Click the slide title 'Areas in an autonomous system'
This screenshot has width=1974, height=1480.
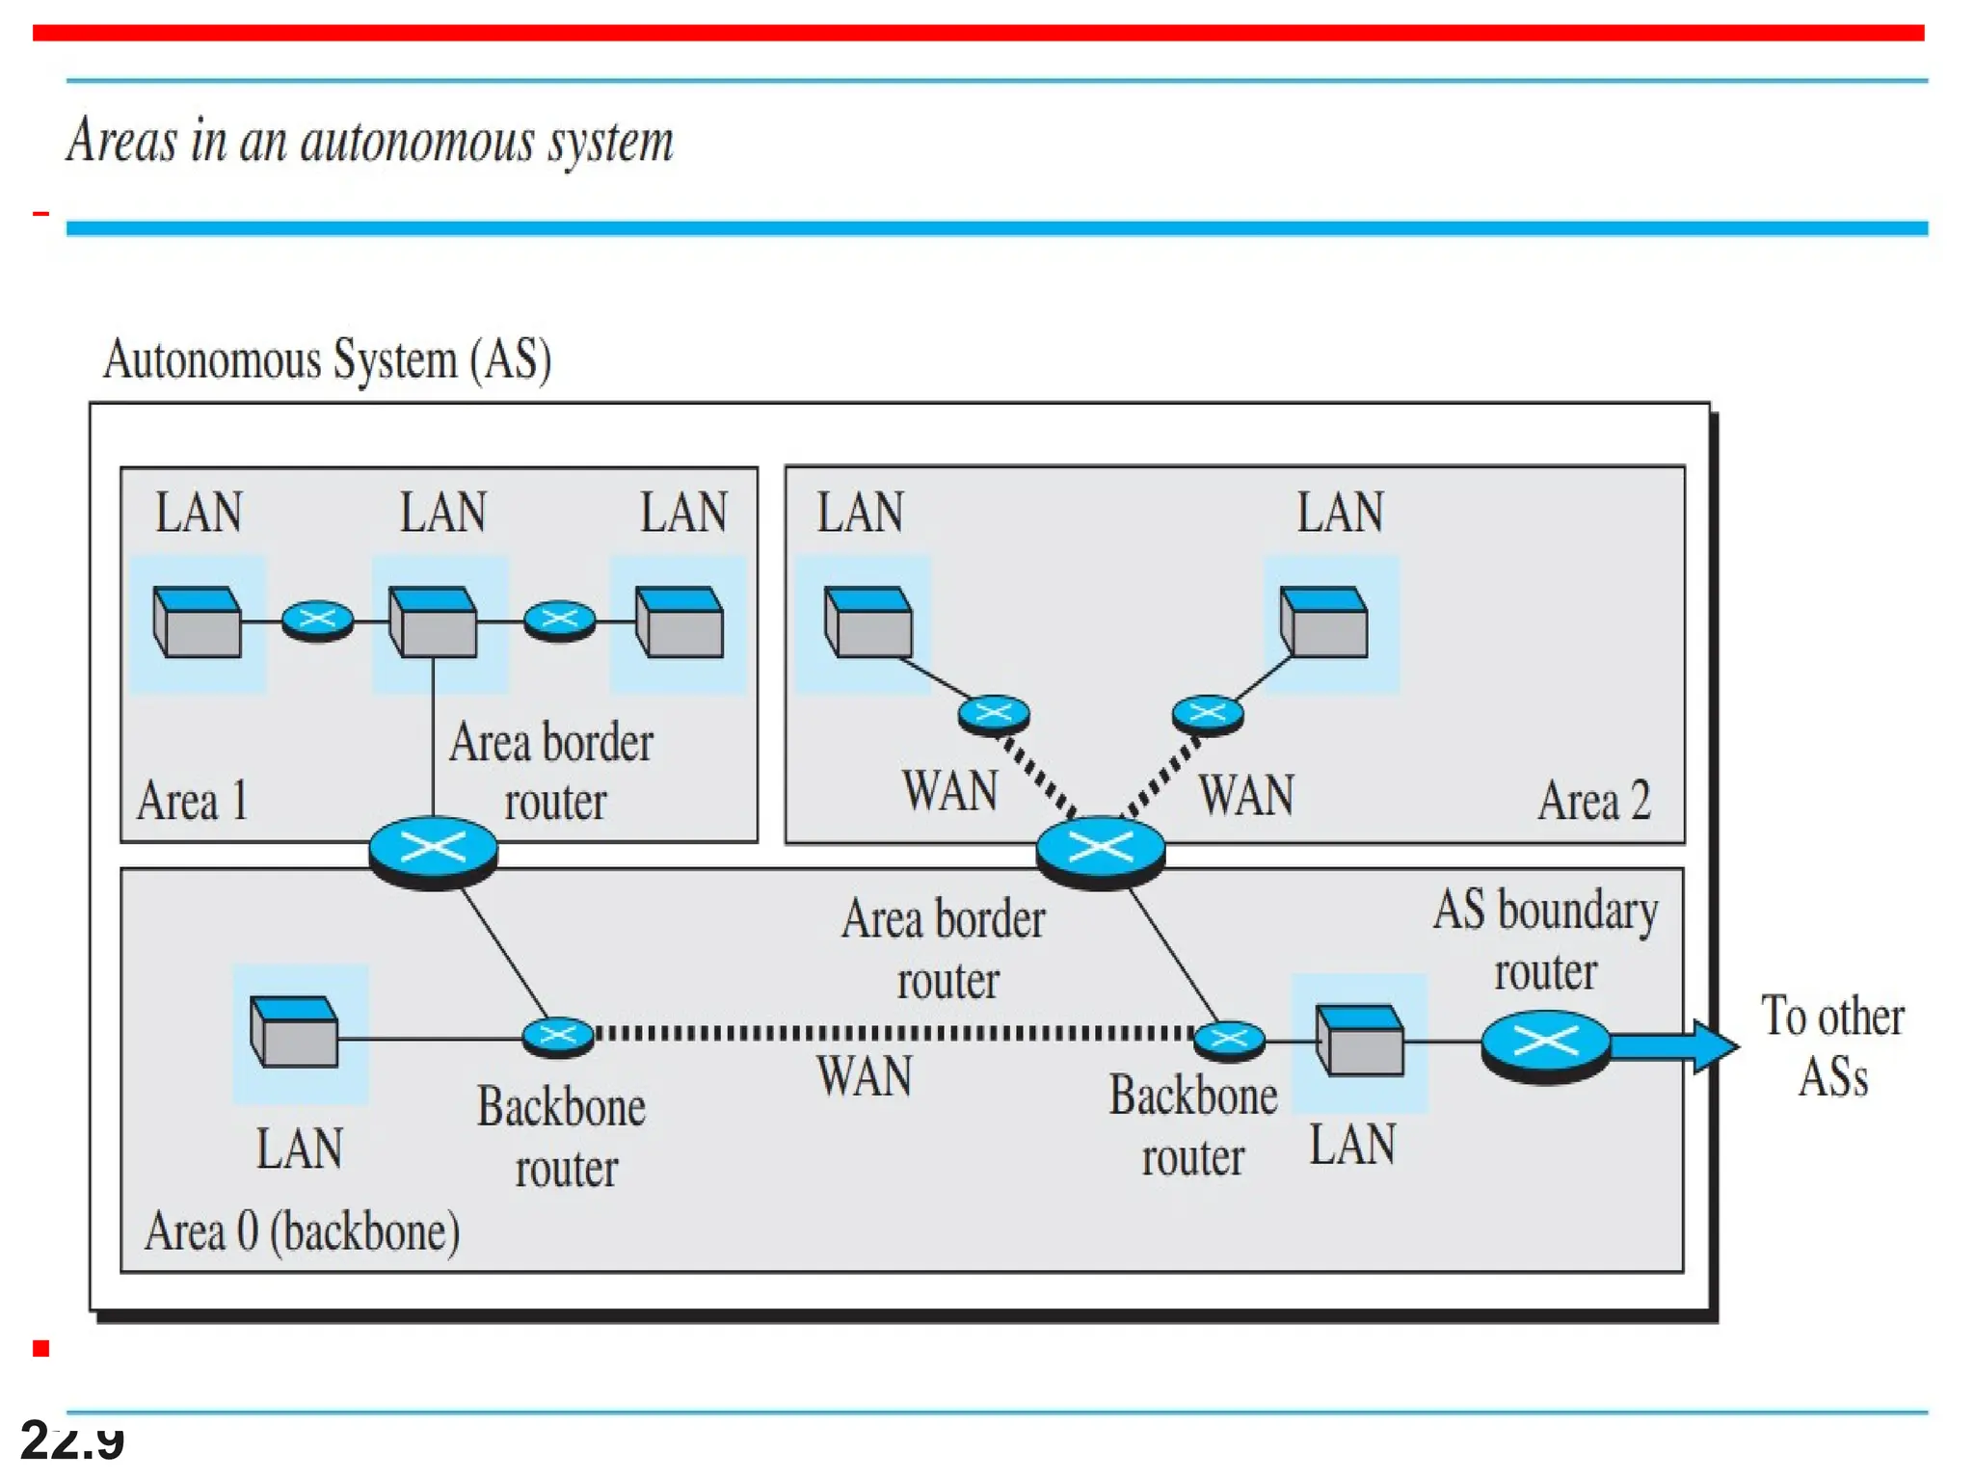pyautogui.click(x=369, y=142)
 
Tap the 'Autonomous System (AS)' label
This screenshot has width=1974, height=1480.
pyautogui.click(x=327, y=359)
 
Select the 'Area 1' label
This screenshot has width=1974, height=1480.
pyautogui.click(x=193, y=801)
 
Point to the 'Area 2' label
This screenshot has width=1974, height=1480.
pyautogui.click(x=1593, y=801)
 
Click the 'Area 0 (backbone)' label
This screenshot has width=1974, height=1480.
pyautogui.click(x=302, y=1231)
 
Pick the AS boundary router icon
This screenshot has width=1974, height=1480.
pyautogui.click(x=1545, y=1044)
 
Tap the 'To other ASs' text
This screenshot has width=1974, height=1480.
pyautogui.click(x=1832, y=1046)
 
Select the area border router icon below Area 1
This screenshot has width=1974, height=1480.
pyautogui.click(x=433, y=851)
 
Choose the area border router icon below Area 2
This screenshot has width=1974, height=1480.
pyautogui.click(x=1100, y=850)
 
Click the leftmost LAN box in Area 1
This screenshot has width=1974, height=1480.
pyautogui.click(x=198, y=622)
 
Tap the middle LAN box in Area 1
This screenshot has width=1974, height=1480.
pyautogui.click(x=433, y=622)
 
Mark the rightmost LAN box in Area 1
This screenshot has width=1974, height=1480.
pyautogui.click(x=680, y=622)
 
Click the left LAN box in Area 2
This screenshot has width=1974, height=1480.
pyautogui.click(x=868, y=622)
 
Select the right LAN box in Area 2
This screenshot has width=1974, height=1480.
pyautogui.click(x=1323, y=622)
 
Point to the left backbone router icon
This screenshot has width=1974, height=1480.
pyautogui.click(x=557, y=1037)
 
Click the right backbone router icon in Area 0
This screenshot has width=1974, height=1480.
pyautogui.click(x=1229, y=1040)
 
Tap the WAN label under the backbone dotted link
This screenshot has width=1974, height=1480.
pyautogui.click(x=865, y=1076)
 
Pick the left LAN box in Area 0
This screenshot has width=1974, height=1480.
pyautogui.click(x=294, y=1031)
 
